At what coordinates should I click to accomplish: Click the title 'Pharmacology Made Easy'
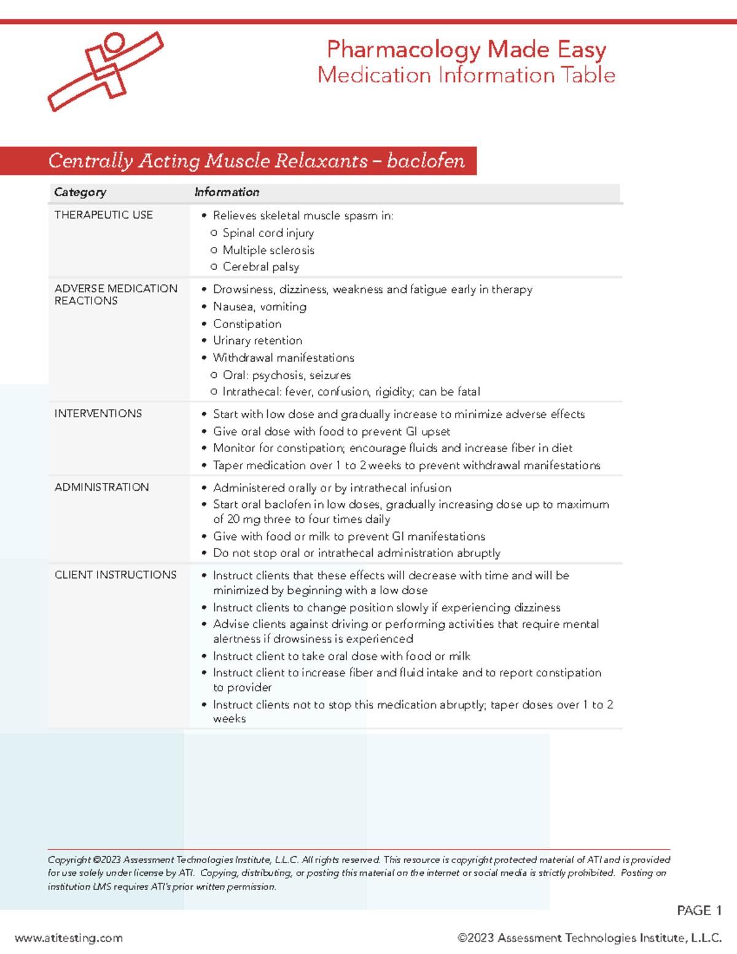466,49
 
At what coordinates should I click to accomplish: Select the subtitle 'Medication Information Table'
466,75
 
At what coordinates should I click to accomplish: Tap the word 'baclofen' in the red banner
426,161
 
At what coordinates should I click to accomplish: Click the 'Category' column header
80,192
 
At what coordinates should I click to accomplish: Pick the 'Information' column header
227,192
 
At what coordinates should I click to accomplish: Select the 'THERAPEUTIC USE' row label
103,215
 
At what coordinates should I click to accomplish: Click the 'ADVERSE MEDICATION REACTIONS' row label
115,294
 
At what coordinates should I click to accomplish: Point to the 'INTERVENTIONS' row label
98,413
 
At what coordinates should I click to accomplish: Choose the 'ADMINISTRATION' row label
101,487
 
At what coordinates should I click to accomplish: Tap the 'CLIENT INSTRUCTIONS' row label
115,575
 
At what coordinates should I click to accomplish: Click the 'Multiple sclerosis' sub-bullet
268,250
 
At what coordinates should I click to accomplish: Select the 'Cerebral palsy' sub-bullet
260,267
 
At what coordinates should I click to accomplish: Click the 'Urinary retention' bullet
257,340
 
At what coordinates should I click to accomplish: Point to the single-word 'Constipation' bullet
247,324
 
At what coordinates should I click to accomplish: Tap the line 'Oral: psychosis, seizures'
286,375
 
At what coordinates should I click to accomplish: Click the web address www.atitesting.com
69,938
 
